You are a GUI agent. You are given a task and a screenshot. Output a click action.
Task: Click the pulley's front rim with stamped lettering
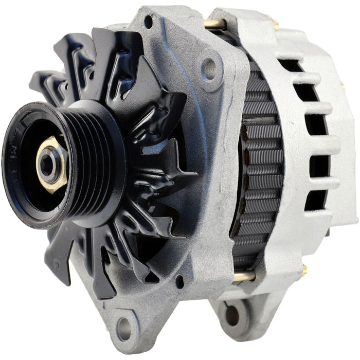point(15,159)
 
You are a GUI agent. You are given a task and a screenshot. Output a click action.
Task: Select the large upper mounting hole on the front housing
point(209,66)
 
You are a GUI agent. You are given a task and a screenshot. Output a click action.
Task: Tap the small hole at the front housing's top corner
point(148,22)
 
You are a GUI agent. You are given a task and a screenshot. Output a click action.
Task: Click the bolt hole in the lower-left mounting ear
point(123,325)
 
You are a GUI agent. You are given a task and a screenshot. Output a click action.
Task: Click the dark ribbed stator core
point(260,165)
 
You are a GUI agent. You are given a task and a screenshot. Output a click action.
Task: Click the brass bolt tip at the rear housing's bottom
point(304,268)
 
